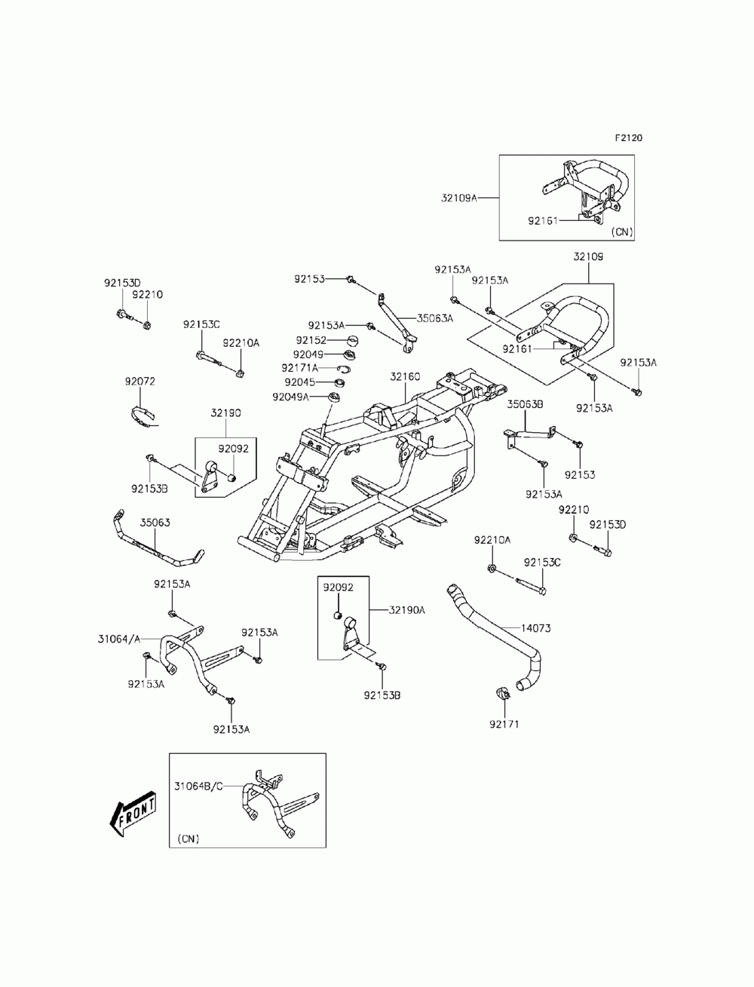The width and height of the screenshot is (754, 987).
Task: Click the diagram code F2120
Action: (628, 138)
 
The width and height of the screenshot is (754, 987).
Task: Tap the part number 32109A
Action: (458, 198)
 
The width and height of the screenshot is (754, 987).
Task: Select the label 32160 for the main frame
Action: (405, 376)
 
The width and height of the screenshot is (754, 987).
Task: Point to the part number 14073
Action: (535, 628)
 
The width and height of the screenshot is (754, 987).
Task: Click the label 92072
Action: (139, 382)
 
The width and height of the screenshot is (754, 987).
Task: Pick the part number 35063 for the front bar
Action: (155, 523)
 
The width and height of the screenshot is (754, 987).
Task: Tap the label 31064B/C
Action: (198, 786)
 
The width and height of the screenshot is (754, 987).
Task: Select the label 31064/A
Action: (119, 639)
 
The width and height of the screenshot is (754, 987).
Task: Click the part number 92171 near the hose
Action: (504, 725)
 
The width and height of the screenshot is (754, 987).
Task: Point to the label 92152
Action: (311, 340)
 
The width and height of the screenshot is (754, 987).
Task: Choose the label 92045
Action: (299, 382)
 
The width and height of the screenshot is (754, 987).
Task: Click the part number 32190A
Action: (407, 610)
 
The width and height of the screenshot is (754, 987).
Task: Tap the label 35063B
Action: (525, 404)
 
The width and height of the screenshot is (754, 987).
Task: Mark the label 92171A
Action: (299, 368)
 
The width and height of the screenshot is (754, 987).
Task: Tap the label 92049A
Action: (290, 397)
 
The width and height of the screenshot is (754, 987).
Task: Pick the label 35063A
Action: (435, 318)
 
